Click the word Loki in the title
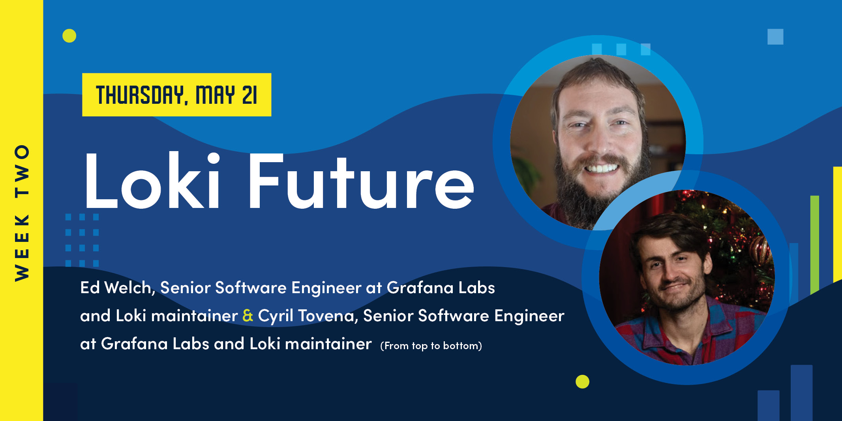tap(152, 181)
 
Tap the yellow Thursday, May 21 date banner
tap(176, 95)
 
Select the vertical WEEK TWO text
tap(22, 213)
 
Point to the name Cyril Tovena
tap(306, 316)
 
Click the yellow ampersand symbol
tap(248, 316)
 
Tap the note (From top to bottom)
tap(431, 346)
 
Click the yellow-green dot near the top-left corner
tap(69, 36)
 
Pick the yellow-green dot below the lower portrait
tap(582, 382)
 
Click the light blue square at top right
tap(775, 37)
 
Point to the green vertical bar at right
tap(814, 245)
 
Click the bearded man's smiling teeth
tap(601, 169)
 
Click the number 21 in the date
tap(249, 95)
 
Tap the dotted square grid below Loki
tap(82, 240)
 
